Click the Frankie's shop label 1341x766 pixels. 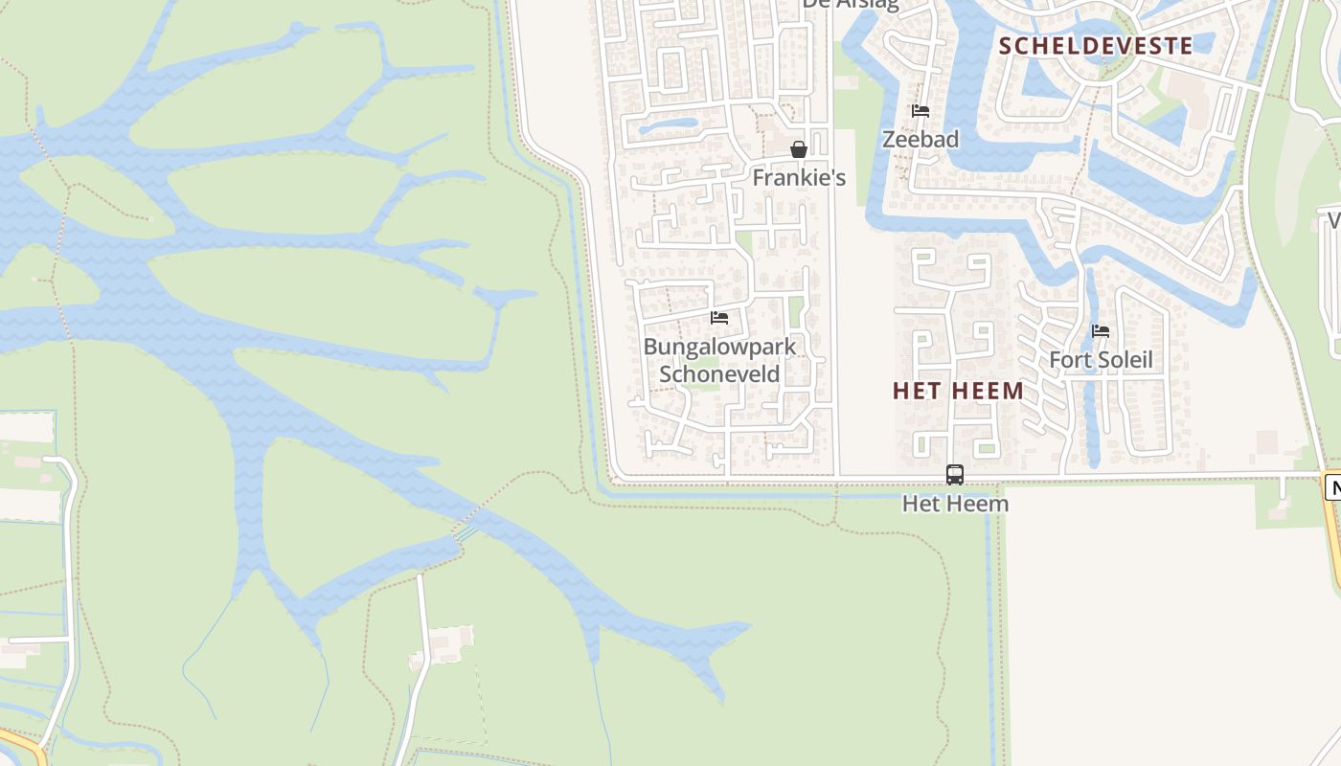point(799,177)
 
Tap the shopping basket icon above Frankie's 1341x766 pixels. point(799,149)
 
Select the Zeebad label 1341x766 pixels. point(920,139)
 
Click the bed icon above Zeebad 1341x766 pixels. point(921,111)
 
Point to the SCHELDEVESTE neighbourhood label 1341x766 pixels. point(1096,45)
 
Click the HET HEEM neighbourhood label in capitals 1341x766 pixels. point(958,391)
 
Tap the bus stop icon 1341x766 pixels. point(955,474)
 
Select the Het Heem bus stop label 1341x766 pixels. point(955,503)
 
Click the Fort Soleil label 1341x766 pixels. point(1101,360)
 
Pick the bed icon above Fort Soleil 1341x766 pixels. point(1101,331)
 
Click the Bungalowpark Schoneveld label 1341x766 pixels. point(719,360)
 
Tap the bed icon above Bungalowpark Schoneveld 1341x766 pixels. point(719,318)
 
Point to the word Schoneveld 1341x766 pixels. point(719,374)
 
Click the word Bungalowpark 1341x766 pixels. point(719,347)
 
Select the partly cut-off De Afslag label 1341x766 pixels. point(851,4)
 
